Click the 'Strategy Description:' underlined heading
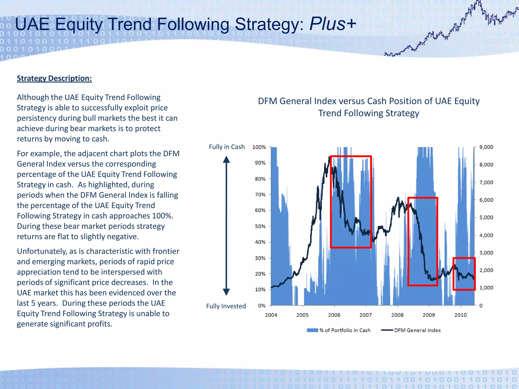coord(54,78)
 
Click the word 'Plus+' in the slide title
coord(333,24)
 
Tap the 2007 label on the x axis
coord(365,315)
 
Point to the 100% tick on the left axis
coord(259,147)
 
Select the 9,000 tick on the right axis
coord(486,147)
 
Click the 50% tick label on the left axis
coord(260,226)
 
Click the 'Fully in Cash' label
coord(227,147)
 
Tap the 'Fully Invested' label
coord(226,306)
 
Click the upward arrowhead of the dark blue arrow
coord(226,160)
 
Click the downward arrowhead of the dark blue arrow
coord(226,292)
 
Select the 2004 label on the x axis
coord(271,315)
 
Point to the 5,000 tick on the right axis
coord(486,217)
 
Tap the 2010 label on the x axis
coord(460,315)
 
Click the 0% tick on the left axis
coord(262,306)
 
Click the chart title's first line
coord(368,101)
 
